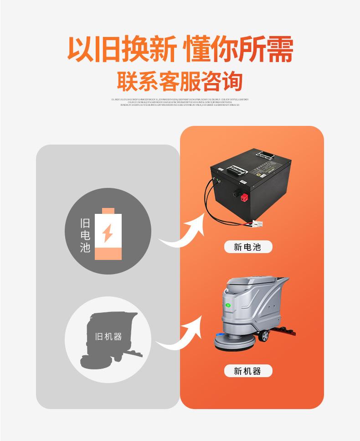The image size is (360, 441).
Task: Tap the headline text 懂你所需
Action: [x=237, y=49]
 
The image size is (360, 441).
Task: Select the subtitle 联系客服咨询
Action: [x=180, y=81]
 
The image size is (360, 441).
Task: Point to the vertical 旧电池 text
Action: [x=85, y=235]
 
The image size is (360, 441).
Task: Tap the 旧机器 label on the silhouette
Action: [x=108, y=337]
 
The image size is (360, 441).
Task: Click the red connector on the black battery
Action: [x=243, y=197]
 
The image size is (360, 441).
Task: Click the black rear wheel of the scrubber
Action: [x=264, y=337]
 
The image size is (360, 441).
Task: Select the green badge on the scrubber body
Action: [x=229, y=305]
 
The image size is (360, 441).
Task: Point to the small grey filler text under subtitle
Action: [x=180, y=102]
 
